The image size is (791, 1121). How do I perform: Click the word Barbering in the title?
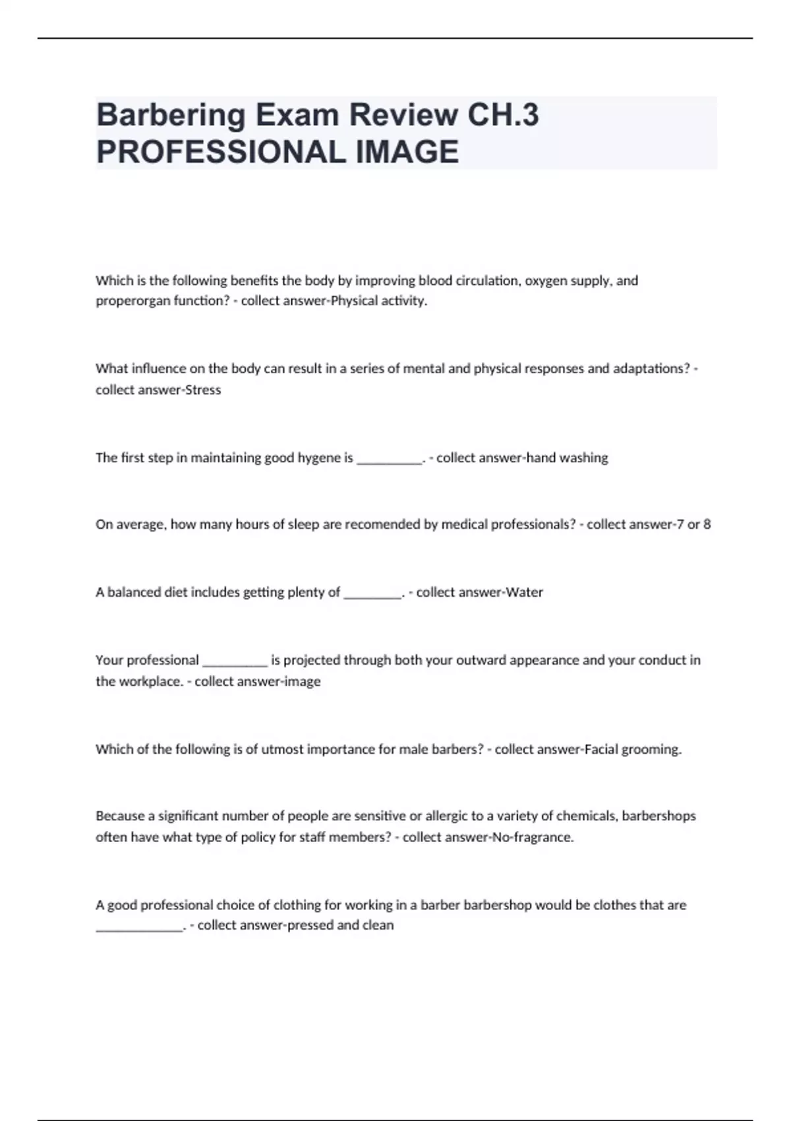[x=171, y=115]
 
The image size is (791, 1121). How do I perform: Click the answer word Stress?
[x=203, y=390]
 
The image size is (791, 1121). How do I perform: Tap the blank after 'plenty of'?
[x=372, y=595]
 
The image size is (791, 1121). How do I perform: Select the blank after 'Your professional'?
[x=235, y=663]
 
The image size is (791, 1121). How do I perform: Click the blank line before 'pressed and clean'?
[x=139, y=928]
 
